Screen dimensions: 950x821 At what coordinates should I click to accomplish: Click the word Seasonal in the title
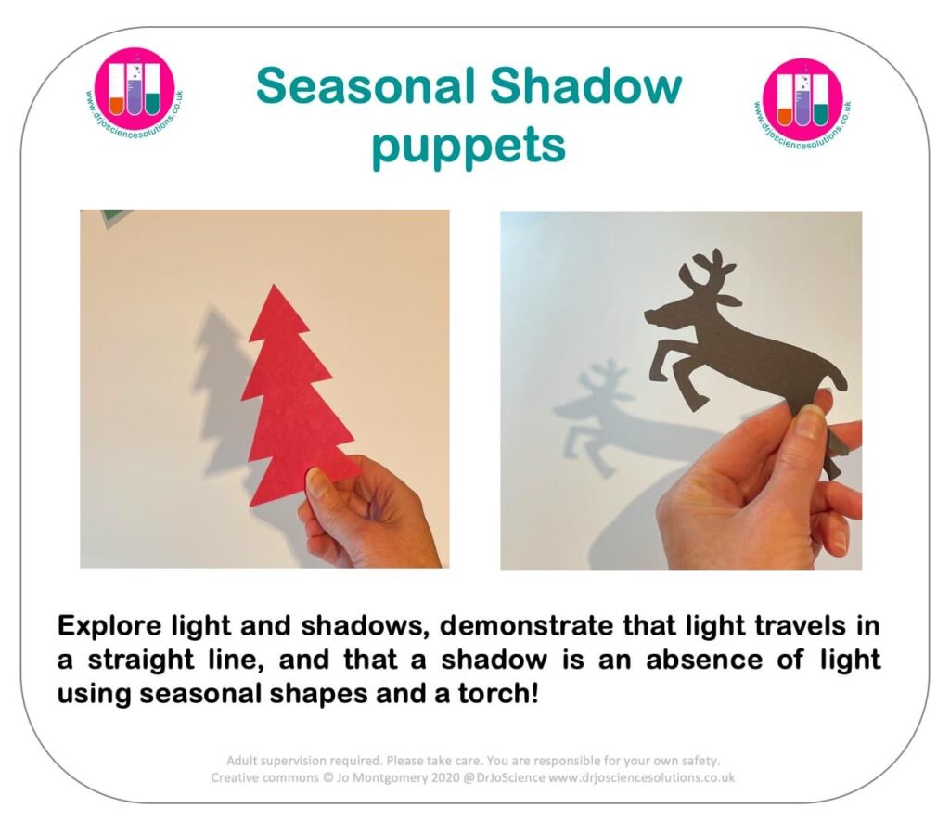[366, 85]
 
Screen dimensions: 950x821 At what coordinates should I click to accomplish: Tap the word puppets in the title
[469, 147]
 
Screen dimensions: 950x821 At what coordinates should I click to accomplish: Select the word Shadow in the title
[585, 85]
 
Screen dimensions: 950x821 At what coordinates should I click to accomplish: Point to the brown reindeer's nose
[648, 315]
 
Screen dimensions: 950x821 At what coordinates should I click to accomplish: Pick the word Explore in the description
[109, 626]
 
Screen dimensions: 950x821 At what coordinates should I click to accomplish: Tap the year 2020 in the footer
[444, 777]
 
